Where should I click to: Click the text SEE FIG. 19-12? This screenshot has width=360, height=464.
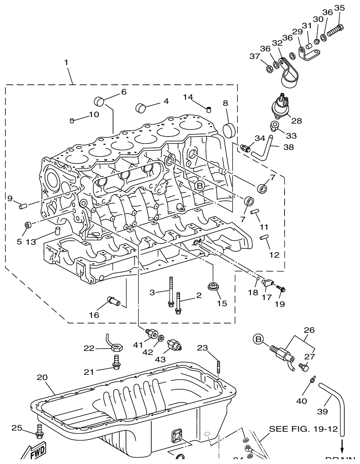pos(303,429)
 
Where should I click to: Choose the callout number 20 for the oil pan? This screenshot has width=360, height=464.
pos(42,378)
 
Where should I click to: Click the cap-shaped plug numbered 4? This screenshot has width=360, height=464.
pos(140,107)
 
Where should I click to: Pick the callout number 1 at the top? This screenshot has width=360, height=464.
pos(66,62)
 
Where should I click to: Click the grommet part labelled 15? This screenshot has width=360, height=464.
pos(212,287)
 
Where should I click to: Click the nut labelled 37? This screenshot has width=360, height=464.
pos(268,68)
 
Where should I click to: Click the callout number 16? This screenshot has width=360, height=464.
pos(94,315)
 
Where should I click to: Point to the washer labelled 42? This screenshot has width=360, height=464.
pos(161,338)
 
